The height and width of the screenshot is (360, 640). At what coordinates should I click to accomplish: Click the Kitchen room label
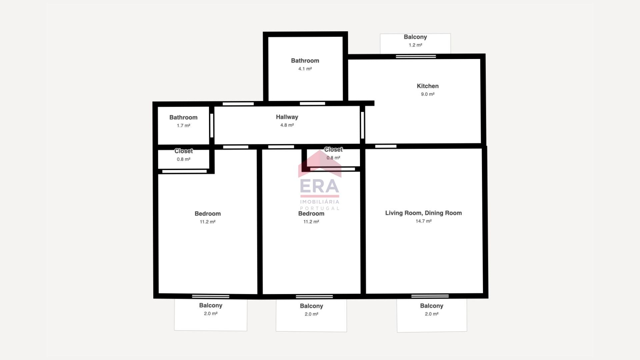(x=428, y=86)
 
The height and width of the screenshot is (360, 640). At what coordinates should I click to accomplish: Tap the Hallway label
(x=287, y=117)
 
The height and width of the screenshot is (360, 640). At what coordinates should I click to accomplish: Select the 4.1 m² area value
(x=305, y=69)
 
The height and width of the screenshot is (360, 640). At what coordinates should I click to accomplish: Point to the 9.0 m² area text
(x=428, y=94)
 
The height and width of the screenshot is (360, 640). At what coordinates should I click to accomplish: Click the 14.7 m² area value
(x=424, y=221)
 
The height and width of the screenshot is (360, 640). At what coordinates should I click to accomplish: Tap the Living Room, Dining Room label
(x=424, y=213)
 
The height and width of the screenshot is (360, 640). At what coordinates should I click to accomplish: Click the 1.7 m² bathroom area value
(x=183, y=126)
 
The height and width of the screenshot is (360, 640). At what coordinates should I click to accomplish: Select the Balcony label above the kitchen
(x=415, y=37)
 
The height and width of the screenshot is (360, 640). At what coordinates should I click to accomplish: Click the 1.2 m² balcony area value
(x=416, y=45)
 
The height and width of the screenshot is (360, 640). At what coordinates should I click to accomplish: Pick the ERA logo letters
(x=320, y=186)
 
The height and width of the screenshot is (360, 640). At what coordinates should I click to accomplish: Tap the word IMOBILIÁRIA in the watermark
(x=320, y=202)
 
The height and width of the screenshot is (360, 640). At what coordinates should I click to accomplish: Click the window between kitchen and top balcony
(x=416, y=57)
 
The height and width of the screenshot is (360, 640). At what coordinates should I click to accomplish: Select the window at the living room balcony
(x=430, y=296)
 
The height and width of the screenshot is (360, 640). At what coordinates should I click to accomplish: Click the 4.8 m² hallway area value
(x=287, y=125)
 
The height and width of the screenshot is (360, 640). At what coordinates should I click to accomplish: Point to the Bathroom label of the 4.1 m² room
(x=305, y=61)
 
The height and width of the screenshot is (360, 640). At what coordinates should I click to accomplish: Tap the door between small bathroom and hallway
(x=212, y=125)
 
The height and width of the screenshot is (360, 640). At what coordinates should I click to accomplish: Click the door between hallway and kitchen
(x=363, y=125)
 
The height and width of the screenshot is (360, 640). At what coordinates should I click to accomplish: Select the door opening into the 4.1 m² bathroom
(x=312, y=104)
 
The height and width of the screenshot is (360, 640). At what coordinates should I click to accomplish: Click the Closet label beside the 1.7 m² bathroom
(x=184, y=151)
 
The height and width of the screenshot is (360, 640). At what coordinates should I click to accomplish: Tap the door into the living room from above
(x=386, y=146)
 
